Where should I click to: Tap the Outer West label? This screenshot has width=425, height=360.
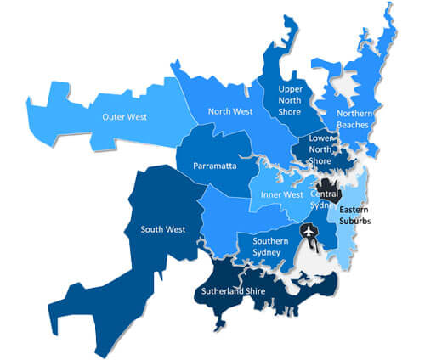[126, 116]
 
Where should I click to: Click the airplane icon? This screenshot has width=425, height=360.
[308, 231]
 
